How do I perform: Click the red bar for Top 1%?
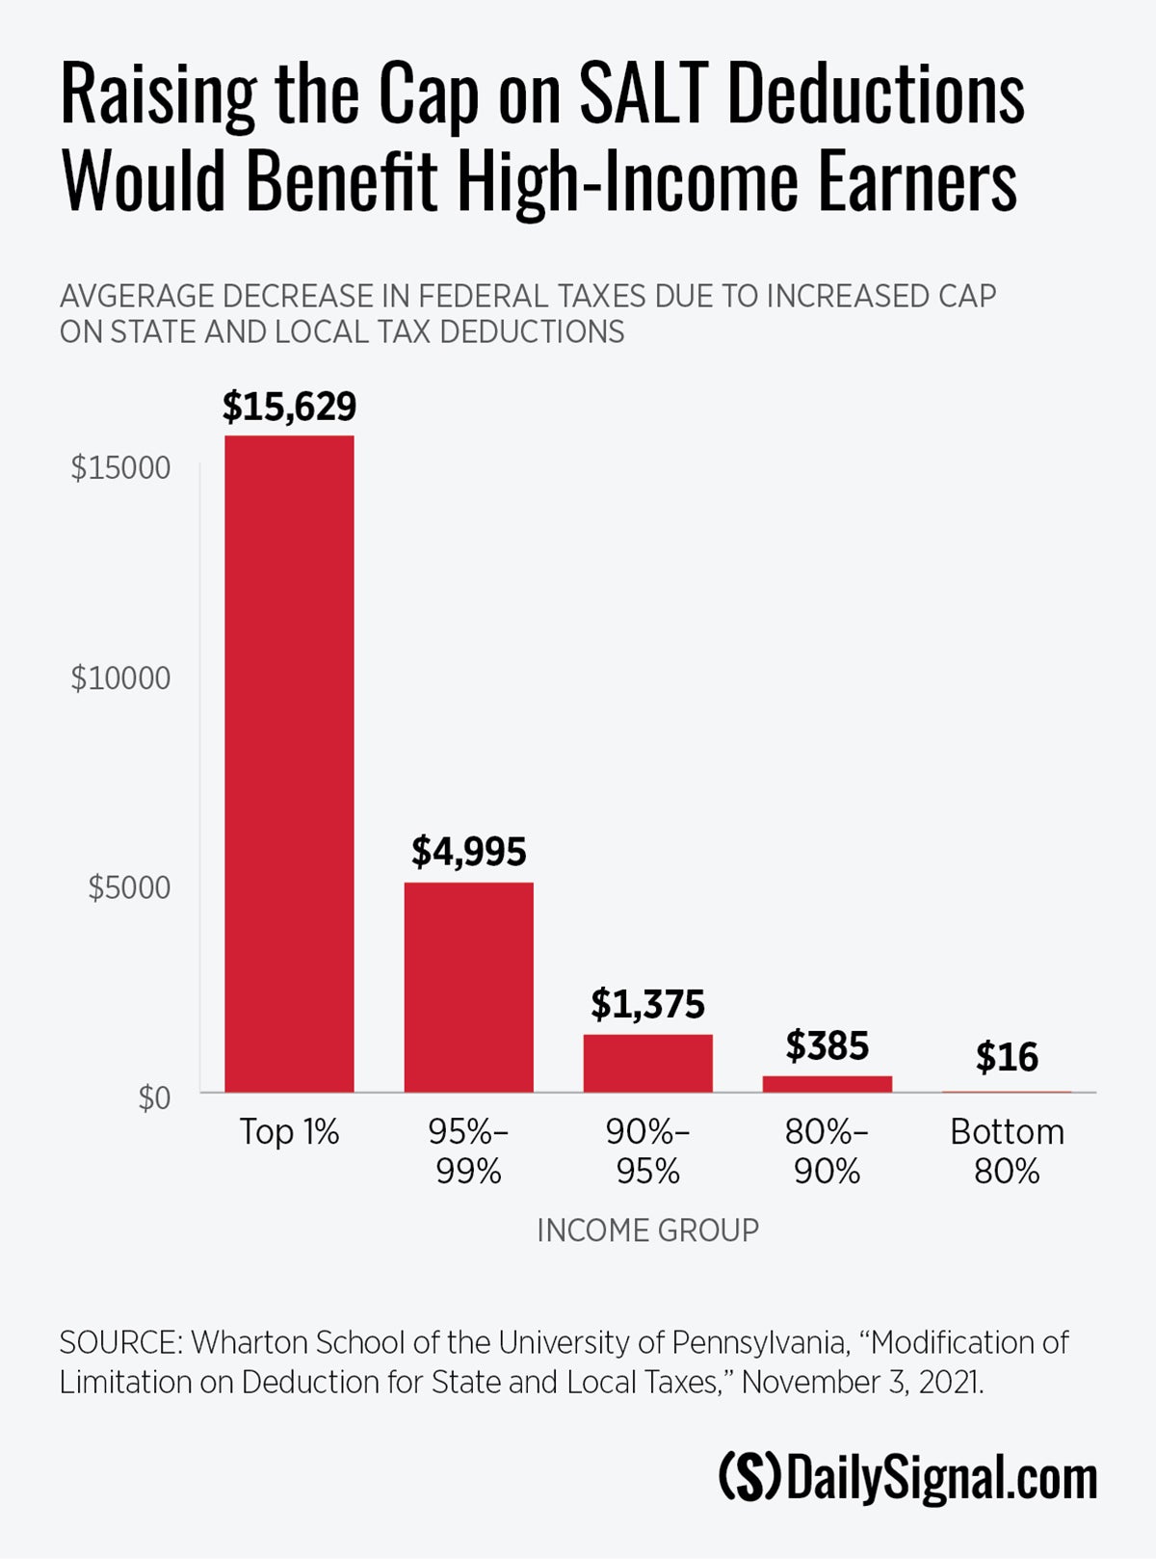[x=289, y=763]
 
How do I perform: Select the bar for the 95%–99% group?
[x=468, y=987]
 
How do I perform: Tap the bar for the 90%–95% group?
[x=647, y=1063]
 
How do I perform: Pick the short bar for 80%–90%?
[x=827, y=1084]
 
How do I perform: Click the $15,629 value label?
[x=289, y=407]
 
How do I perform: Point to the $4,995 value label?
[x=468, y=852]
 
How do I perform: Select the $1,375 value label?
[x=647, y=1004]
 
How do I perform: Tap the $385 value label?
[x=827, y=1045]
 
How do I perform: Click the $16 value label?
[x=1007, y=1057]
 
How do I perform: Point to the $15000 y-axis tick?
[x=120, y=468]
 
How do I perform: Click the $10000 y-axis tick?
[x=120, y=678]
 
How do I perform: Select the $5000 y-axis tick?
[x=129, y=887]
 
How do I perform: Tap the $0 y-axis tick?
[x=154, y=1097]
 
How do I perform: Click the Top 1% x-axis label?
[x=289, y=1132]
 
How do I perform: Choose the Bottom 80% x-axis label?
[x=1007, y=1151]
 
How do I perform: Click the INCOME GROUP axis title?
[x=647, y=1230]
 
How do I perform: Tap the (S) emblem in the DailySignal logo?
[x=749, y=1477]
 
